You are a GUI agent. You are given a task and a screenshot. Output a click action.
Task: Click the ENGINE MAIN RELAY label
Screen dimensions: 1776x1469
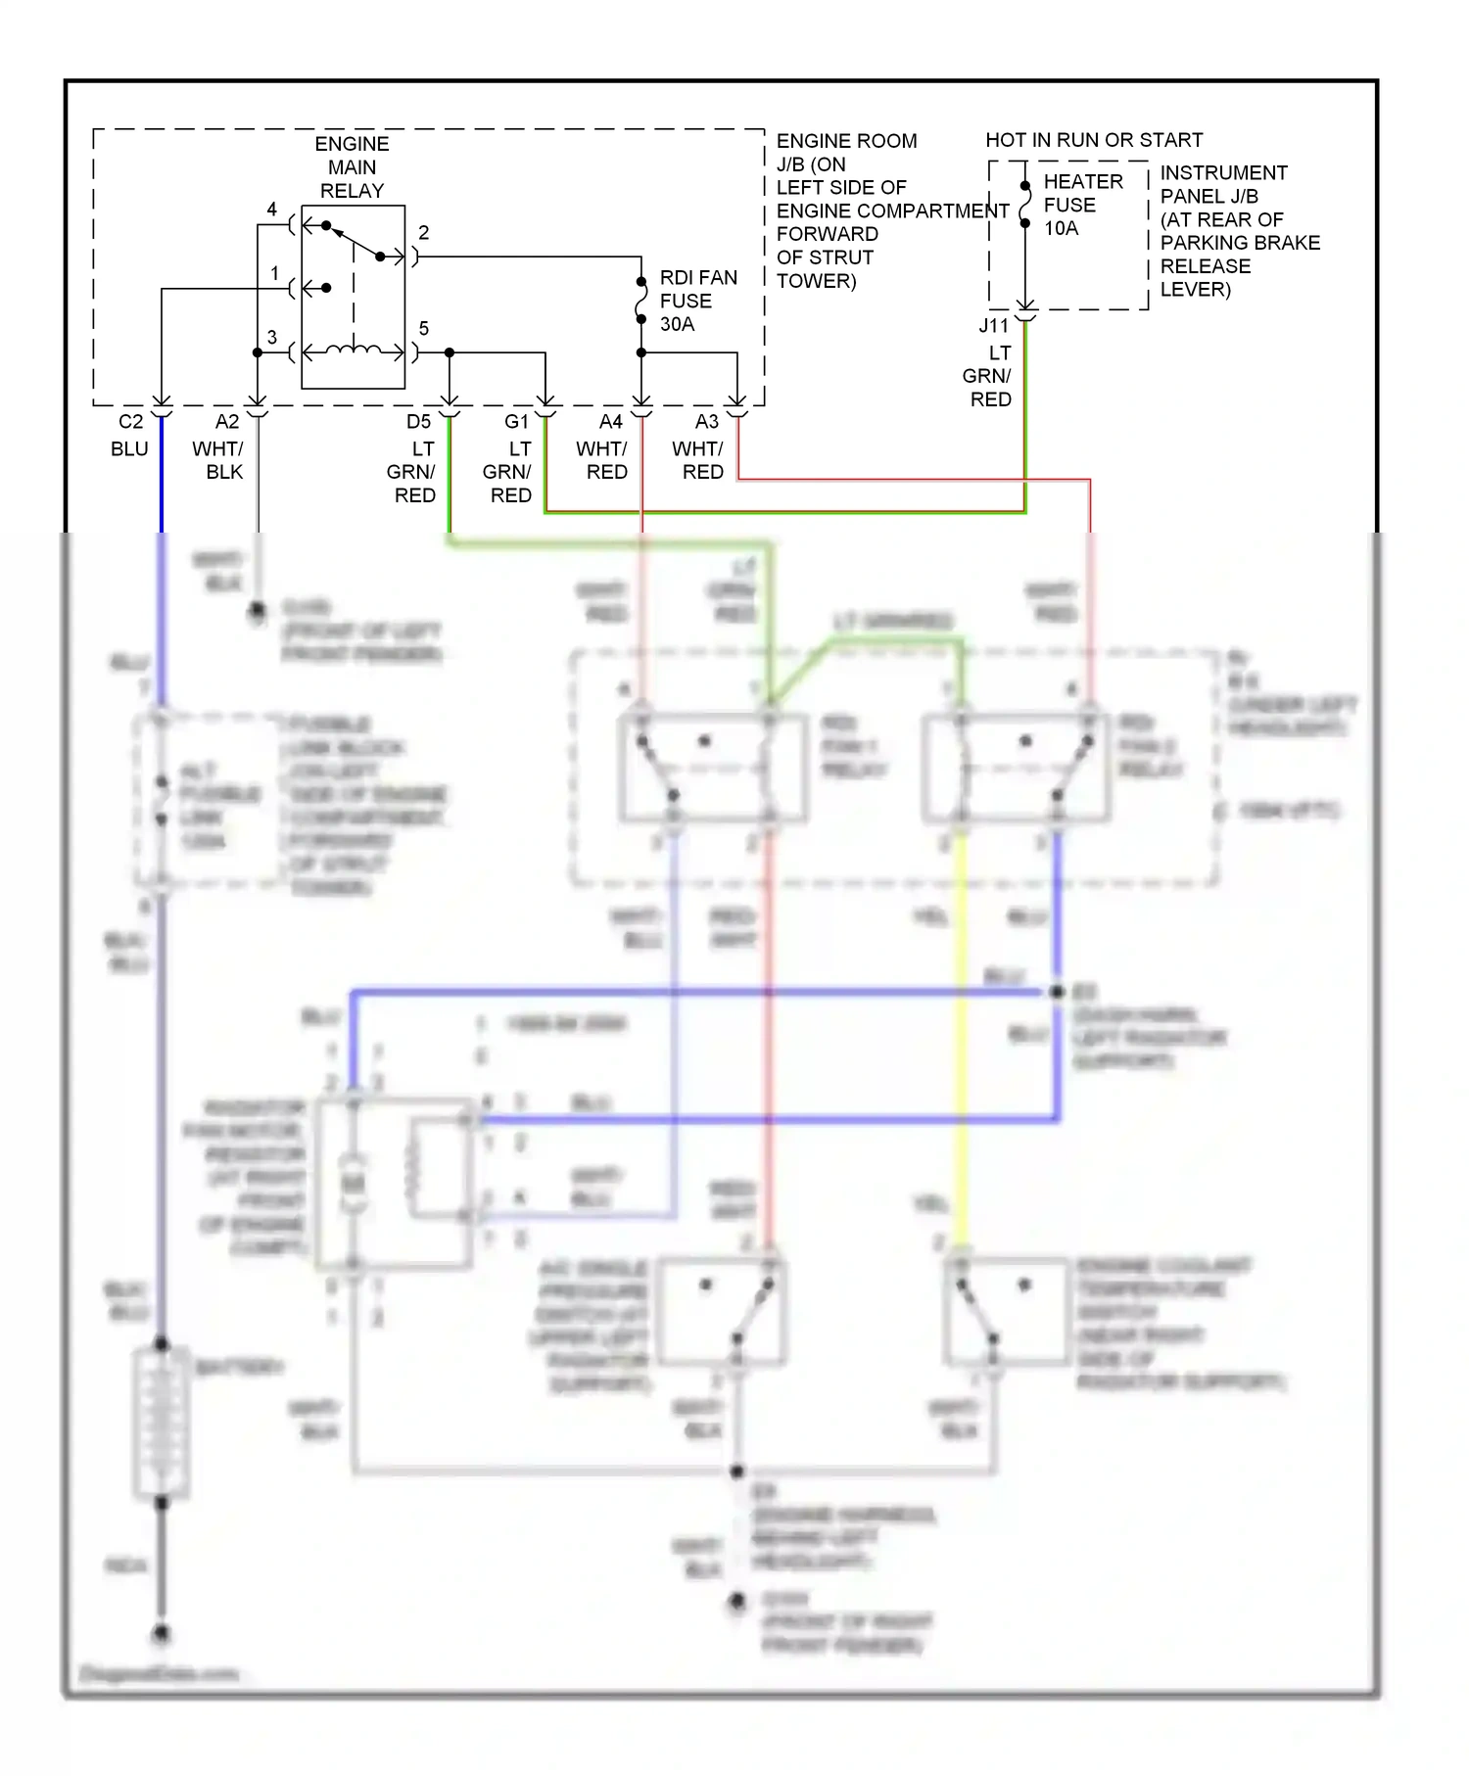click(x=352, y=167)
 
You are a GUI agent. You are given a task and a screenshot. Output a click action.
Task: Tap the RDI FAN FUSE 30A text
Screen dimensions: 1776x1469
click(x=697, y=301)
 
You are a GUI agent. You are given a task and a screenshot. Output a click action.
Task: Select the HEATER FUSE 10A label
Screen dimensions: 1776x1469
click(x=1081, y=205)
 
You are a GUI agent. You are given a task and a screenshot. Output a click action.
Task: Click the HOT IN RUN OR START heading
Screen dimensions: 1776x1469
click(x=1093, y=140)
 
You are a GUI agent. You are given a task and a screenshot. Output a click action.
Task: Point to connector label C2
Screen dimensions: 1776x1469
click(x=130, y=422)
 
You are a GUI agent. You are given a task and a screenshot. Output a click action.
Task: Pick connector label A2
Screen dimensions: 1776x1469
click(x=226, y=422)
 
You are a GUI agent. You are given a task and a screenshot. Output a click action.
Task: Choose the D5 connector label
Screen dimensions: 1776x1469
click(x=418, y=422)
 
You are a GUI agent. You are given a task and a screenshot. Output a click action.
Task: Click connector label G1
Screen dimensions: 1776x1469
click(x=516, y=422)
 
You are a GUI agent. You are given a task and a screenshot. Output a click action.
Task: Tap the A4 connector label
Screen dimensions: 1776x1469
click(x=610, y=422)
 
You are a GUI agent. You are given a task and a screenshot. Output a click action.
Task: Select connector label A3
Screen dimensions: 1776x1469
click(x=706, y=422)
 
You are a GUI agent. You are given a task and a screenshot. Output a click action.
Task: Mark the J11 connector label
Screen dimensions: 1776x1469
click(x=993, y=326)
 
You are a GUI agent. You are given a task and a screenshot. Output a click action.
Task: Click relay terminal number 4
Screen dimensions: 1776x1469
click(x=271, y=210)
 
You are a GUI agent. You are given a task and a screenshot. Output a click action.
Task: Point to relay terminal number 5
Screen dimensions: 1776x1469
click(x=423, y=329)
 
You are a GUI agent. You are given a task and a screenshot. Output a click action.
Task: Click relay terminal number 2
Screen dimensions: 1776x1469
click(x=423, y=233)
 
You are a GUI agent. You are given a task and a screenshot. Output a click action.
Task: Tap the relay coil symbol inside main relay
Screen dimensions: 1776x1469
click(x=354, y=350)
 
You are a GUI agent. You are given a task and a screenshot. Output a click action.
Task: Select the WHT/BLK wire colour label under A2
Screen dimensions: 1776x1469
click(x=218, y=460)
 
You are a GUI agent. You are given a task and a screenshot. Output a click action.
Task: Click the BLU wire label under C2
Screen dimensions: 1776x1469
click(x=129, y=449)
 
